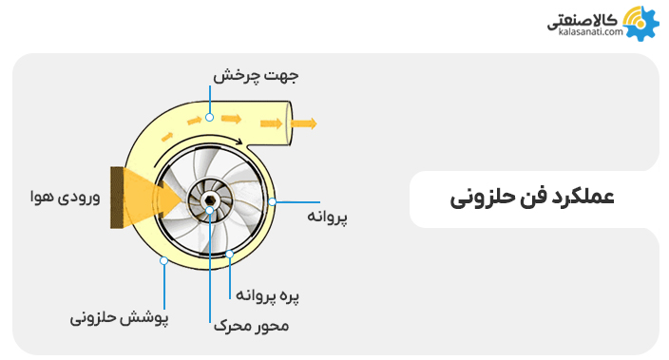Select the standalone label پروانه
pos(326,217)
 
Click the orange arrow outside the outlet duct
pos(304,123)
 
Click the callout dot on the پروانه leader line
pos(272,201)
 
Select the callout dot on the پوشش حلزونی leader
pos(164,259)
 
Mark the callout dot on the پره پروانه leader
pos(230,254)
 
